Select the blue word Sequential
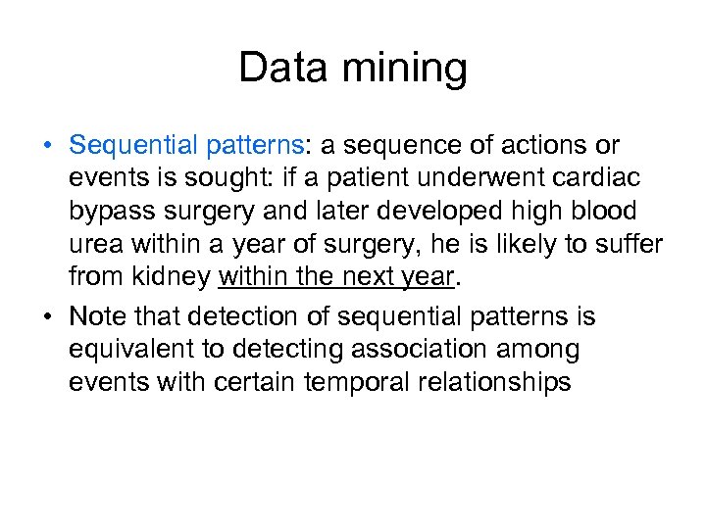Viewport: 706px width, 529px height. [134, 146]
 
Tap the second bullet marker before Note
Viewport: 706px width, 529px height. [47, 317]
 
